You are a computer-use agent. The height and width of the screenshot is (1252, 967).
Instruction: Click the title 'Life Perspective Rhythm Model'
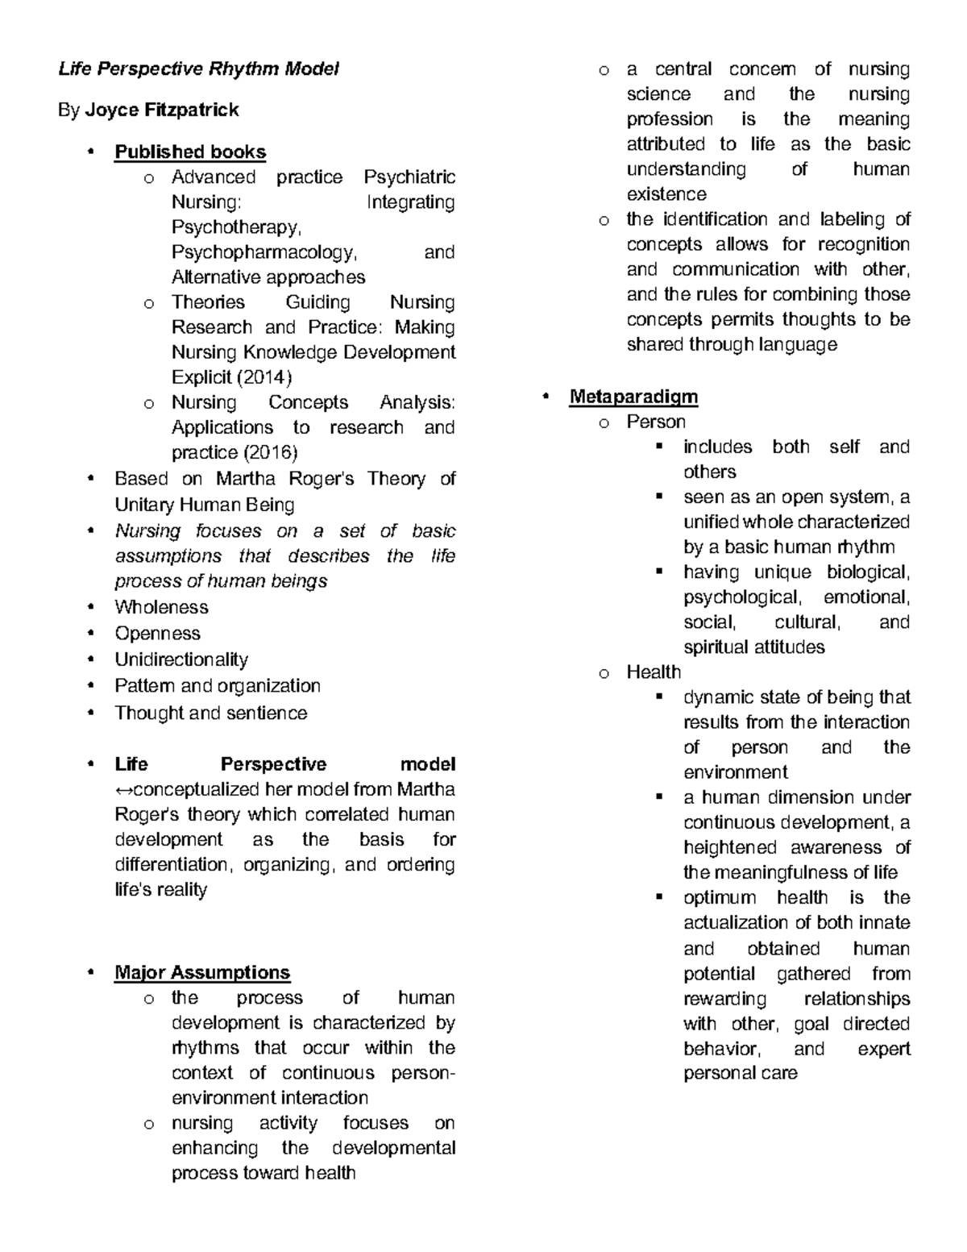point(198,69)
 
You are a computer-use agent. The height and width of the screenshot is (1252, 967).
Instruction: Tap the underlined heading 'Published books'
point(190,152)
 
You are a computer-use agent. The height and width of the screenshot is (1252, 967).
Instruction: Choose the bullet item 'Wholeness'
point(161,607)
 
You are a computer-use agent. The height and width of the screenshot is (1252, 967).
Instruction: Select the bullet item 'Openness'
point(157,634)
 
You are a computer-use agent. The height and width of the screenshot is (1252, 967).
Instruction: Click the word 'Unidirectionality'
point(181,660)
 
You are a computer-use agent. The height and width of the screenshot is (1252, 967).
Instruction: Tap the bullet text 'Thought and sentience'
point(210,713)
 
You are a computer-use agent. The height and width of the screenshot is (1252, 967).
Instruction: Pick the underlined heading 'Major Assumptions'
point(202,972)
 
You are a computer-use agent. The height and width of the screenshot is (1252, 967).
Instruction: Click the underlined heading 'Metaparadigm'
point(633,397)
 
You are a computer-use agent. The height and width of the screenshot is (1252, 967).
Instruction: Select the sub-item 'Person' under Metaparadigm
point(656,422)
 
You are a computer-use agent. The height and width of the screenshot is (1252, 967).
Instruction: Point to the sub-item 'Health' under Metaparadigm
point(654,672)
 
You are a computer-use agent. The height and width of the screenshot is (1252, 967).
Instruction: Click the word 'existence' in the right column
point(666,194)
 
